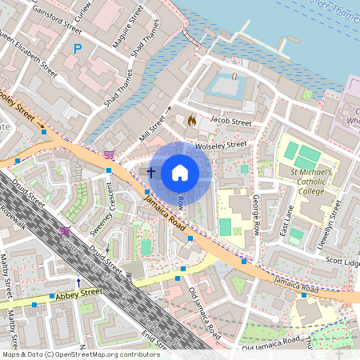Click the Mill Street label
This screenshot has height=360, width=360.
pyautogui.click(x=155, y=125)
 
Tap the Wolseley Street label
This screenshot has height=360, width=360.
pyautogui.click(x=225, y=145)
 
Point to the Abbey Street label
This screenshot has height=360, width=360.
pyautogui.click(x=81, y=294)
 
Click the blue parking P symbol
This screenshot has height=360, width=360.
pyautogui.click(x=78, y=49)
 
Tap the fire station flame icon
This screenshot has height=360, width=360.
pyautogui.click(x=191, y=119)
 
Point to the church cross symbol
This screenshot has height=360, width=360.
pyautogui.click(x=150, y=172)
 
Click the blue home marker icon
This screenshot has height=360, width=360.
pyautogui.click(x=180, y=173)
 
